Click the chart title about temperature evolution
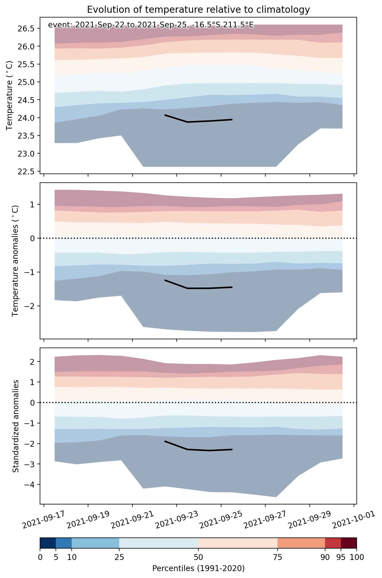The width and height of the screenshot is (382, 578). [x=198, y=10]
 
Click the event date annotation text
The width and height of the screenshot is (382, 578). [x=151, y=25]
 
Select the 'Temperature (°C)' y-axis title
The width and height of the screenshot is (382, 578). [x=9, y=95]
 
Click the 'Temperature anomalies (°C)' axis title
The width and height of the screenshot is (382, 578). [x=16, y=261]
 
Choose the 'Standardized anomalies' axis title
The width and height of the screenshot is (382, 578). [x=16, y=426]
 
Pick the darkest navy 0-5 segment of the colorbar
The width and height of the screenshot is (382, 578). [x=48, y=543]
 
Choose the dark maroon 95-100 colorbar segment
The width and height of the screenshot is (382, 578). [x=349, y=543]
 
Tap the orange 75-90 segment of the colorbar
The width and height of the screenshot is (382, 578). [x=301, y=543]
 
